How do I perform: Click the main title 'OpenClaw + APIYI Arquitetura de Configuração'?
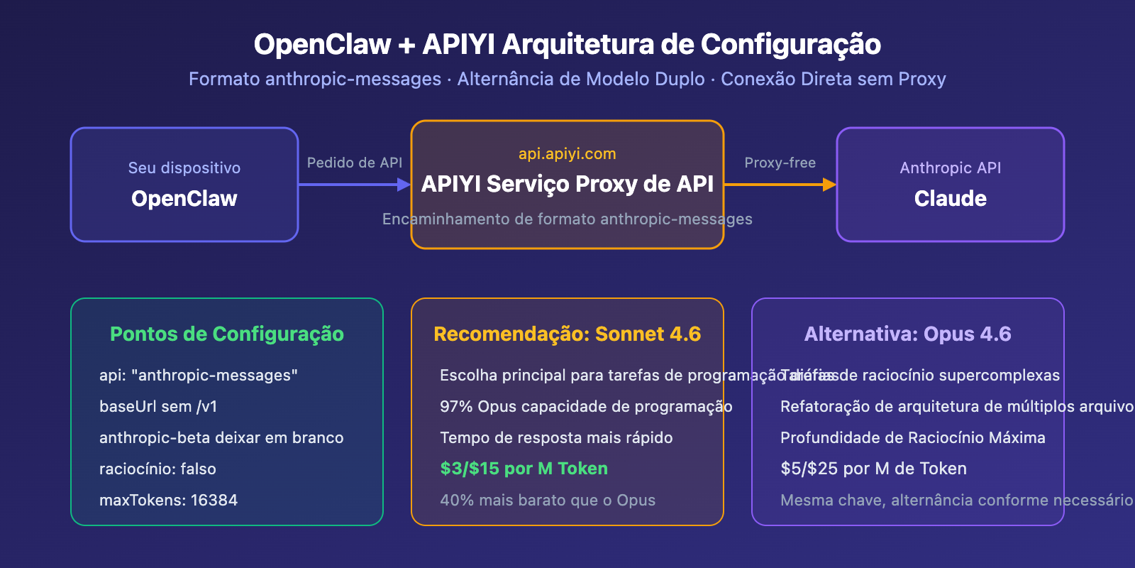coord(567,44)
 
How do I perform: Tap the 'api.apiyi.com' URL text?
coord(567,153)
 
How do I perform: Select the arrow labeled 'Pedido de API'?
coord(354,185)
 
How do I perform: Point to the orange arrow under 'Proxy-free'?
coord(780,185)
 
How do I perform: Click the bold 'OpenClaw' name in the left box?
coord(184,199)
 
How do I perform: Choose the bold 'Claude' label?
coord(950,199)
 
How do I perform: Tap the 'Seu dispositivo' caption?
coord(184,168)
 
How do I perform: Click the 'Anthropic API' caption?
coord(950,168)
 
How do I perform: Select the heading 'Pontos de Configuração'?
coord(227,334)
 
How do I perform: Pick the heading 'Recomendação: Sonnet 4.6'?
coord(567,334)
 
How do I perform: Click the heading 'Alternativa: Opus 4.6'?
coord(907,334)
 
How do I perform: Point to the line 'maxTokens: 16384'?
coord(169,500)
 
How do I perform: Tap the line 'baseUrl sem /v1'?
coord(158,406)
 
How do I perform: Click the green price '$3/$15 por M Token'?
coord(524,469)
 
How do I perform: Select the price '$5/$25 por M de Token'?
coord(873,469)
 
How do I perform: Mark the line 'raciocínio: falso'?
coord(157,469)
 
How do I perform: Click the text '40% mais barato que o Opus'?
coord(548,500)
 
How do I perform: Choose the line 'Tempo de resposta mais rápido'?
coord(556,437)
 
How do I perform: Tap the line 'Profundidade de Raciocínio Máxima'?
coord(912,437)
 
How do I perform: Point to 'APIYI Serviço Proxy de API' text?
coord(567,184)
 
